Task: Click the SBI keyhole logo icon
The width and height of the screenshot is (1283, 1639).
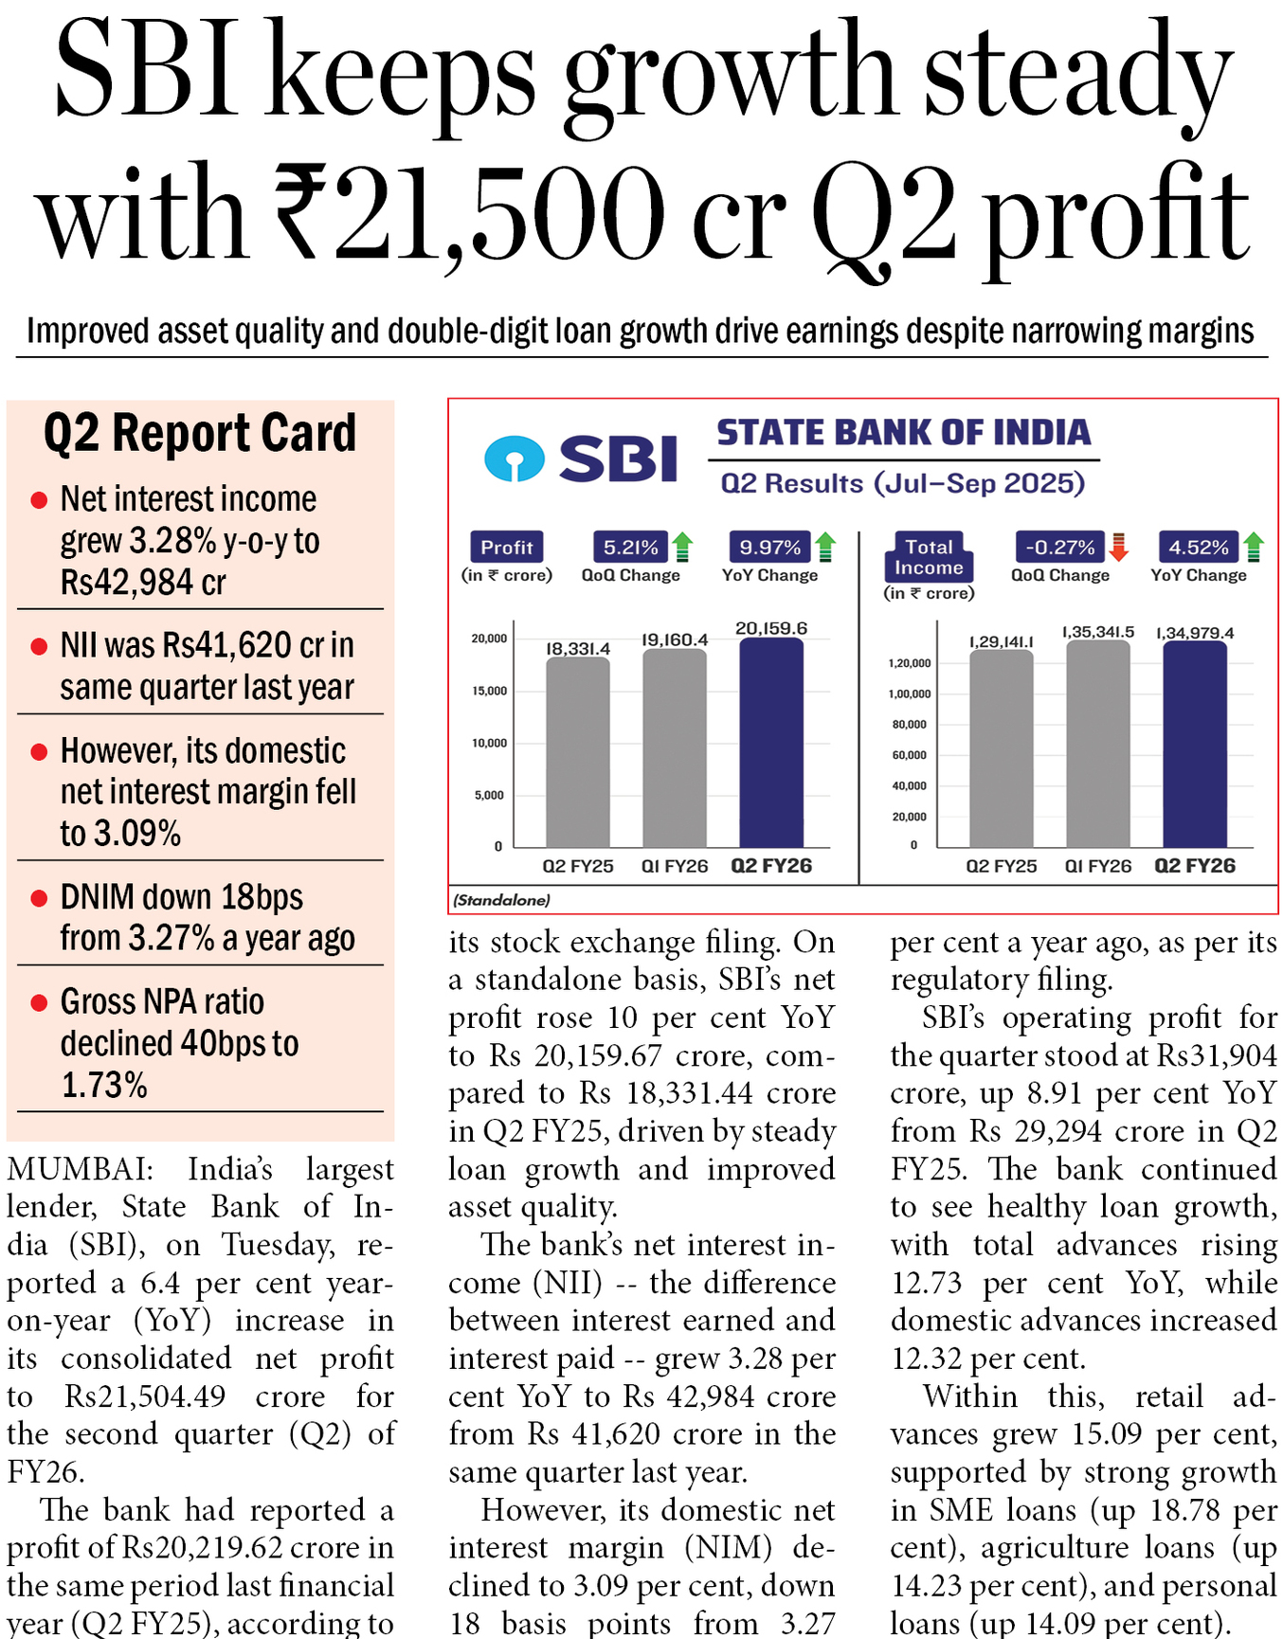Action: click(x=514, y=459)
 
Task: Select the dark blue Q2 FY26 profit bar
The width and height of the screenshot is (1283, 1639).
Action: click(x=771, y=743)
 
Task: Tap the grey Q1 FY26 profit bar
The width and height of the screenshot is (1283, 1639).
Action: click(x=675, y=747)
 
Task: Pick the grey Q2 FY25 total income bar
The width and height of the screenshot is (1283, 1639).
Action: click(x=1001, y=748)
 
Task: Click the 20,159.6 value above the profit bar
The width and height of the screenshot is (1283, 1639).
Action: click(x=771, y=628)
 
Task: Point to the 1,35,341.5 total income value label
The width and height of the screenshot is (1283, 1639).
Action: click(x=1097, y=632)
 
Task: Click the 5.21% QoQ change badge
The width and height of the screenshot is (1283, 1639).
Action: click(x=630, y=548)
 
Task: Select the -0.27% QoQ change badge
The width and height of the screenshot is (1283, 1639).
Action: click(x=1059, y=548)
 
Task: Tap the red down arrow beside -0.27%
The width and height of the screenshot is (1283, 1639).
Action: click(x=1119, y=547)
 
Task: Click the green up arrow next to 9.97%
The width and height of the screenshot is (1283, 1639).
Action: click(x=825, y=547)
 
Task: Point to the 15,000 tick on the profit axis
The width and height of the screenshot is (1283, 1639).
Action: click(x=489, y=691)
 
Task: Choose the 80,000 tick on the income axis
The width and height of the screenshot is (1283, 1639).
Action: click(x=909, y=725)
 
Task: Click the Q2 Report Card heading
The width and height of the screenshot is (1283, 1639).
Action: click(x=200, y=434)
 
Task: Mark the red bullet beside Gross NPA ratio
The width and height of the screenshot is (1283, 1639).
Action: click(x=39, y=1002)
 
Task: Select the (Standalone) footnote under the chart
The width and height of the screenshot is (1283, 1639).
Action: click(x=501, y=900)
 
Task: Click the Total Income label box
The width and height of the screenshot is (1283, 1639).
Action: click(x=929, y=557)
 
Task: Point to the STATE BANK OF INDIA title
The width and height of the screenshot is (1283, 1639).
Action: click(x=903, y=433)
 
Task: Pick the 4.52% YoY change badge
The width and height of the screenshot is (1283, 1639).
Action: click(x=1198, y=548)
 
